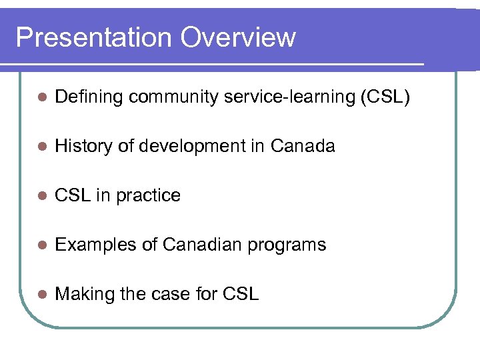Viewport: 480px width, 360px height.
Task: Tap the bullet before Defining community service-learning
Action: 41,97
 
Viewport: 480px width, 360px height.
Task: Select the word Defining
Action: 89,97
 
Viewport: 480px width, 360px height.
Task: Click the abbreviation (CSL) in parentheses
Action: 385,97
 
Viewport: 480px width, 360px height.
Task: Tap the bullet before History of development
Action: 41,147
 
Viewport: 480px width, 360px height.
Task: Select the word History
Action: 83,147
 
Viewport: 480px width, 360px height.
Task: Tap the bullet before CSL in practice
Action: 41,196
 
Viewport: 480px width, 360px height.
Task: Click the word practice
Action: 148,196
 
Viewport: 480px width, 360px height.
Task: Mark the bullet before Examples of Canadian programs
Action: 41,245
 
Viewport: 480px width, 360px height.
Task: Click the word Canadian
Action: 203,245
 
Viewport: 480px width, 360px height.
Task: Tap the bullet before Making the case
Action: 41,294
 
